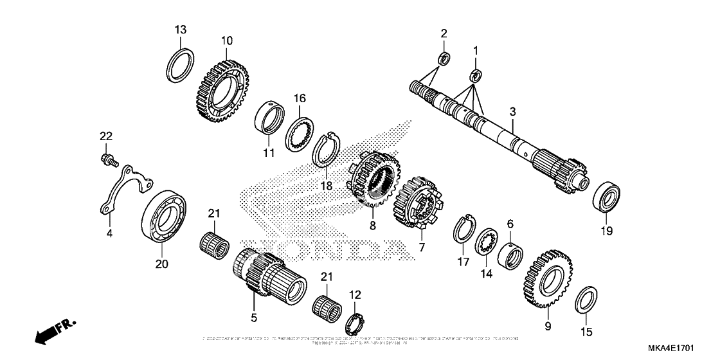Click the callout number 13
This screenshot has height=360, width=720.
181,30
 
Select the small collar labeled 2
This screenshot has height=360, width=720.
444,59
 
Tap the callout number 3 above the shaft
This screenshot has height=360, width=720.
512,112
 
